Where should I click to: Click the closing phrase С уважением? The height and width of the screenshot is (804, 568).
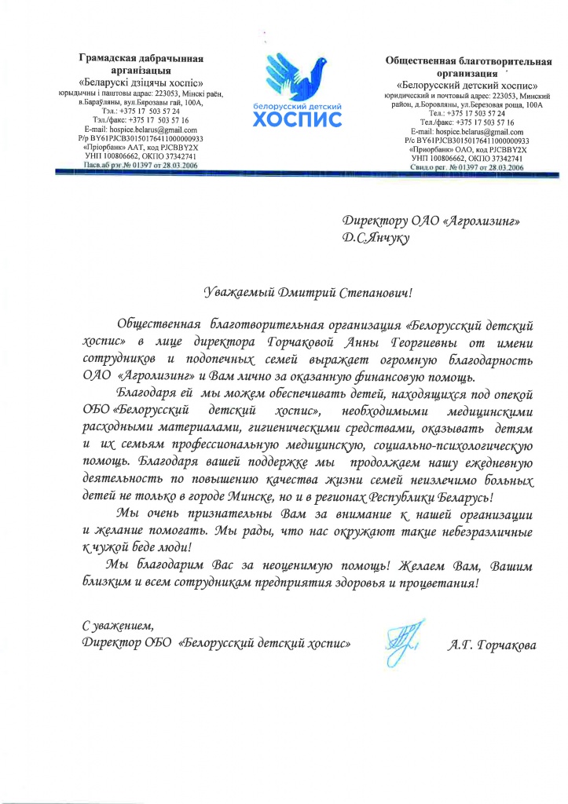click(119, 626)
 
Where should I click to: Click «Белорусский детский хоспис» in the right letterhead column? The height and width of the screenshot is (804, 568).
click(467, 85)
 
